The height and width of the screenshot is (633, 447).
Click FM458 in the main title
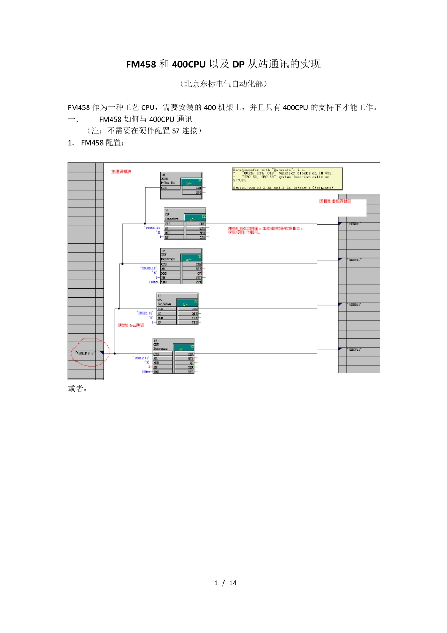(141, 64)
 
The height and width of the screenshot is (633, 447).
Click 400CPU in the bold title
(189, 64)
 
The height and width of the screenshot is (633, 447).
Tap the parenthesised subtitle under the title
(223, 84)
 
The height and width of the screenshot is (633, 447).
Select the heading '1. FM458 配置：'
(96, 143)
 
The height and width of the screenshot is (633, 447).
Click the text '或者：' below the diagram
(78, 389)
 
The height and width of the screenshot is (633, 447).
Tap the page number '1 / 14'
(225, 583)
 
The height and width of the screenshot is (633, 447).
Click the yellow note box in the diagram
(287, 179)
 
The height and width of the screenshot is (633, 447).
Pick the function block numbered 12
(181, 266)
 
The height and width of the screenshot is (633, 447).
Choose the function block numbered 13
(177, 309)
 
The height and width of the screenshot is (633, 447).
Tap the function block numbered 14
(174, 356)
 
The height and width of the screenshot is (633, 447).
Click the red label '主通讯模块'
(121, 172)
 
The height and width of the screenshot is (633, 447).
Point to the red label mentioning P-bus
(131, 325)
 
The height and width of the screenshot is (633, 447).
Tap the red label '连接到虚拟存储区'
(335, 201)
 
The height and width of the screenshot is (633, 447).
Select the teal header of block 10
(193, 182)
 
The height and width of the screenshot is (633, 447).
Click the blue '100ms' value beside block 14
(146, 372)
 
